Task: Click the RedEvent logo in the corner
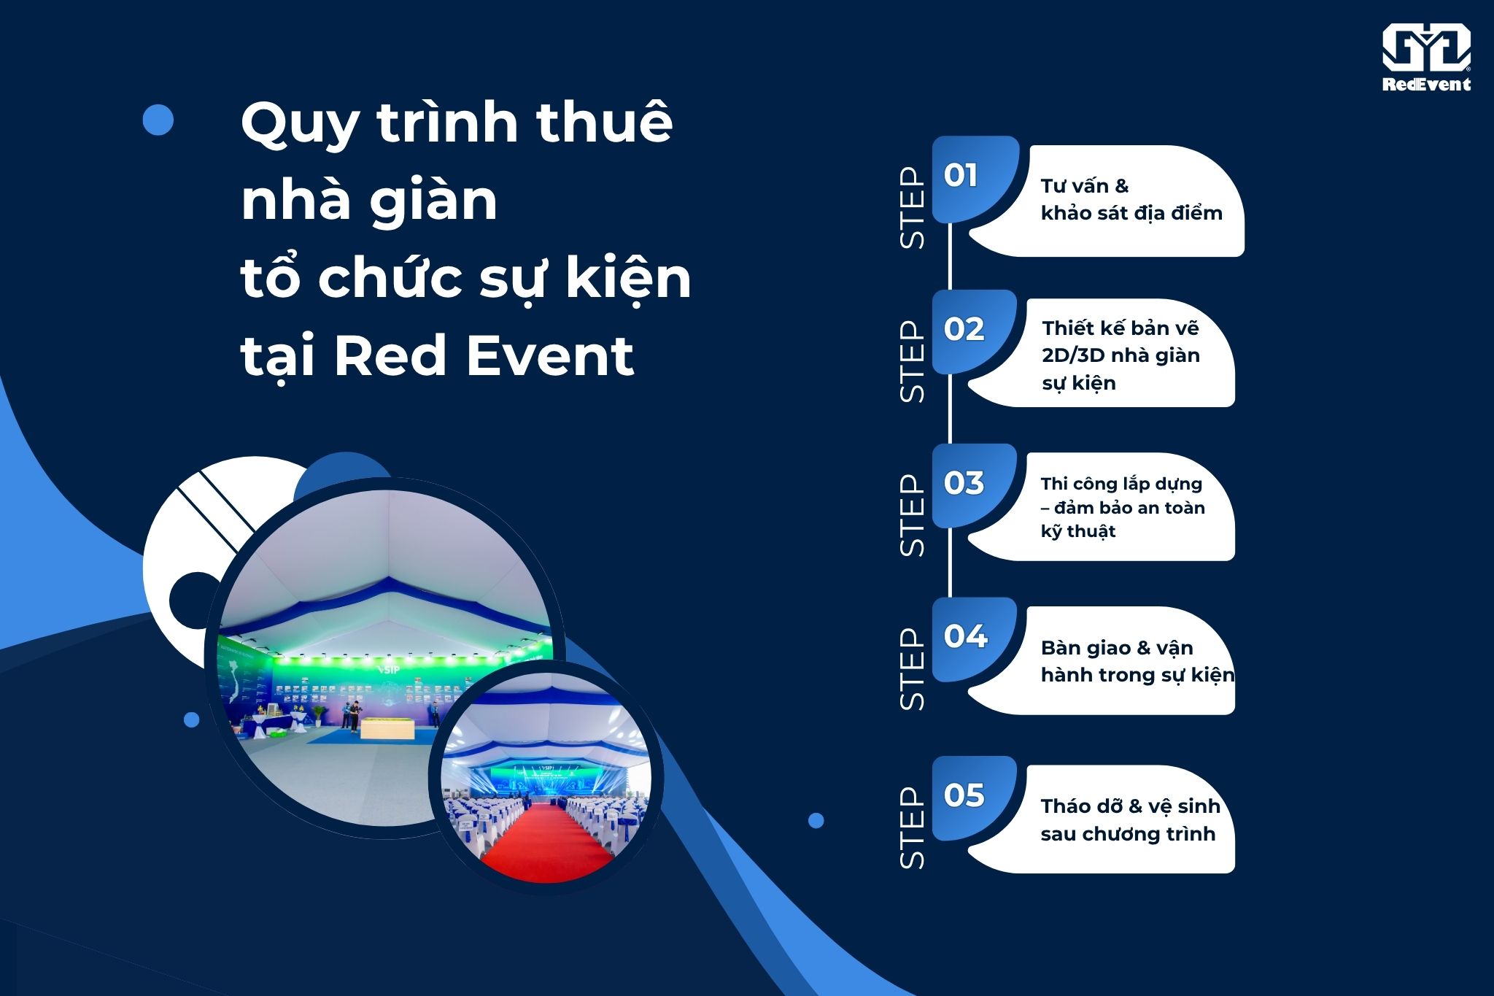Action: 1426,58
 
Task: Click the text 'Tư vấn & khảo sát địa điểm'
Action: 1131,199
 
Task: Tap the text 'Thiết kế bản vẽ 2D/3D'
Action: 1120,341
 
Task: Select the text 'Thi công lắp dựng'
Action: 1121,484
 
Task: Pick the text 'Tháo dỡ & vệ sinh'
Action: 1131,806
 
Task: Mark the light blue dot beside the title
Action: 158,120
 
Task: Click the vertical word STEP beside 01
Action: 912,209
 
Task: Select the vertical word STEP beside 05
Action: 912,828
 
